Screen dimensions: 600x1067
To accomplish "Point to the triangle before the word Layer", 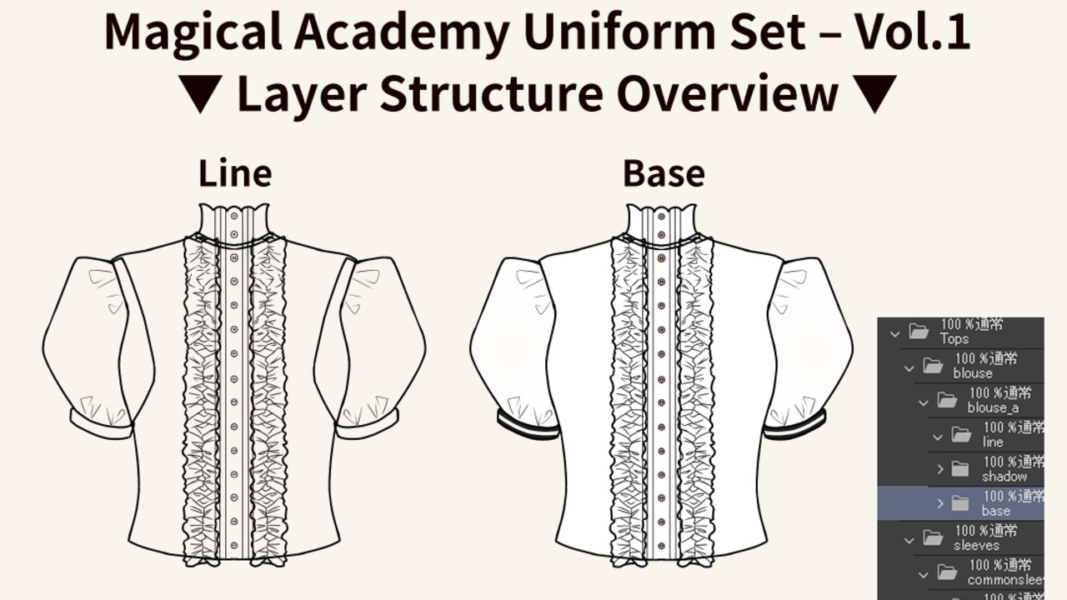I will (x=200, y=93).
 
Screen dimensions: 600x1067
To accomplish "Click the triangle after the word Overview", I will (x=875, y=93).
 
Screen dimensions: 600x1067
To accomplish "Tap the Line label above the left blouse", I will (x=235, y=173).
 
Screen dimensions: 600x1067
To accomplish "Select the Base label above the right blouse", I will (x=664, y=173).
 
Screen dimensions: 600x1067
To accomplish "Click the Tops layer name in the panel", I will (x=954, y=339).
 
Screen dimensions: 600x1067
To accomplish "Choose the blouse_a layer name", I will (x=993, y=407).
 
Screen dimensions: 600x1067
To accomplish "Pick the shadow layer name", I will (x=1004, y=477).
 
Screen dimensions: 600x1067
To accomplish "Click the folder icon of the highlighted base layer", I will (x=960, y=503).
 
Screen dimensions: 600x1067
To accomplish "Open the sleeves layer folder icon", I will (x=933, y=537).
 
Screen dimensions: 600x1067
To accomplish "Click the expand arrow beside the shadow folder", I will (x=940, y=469).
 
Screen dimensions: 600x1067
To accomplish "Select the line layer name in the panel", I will (x=993, y=442).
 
